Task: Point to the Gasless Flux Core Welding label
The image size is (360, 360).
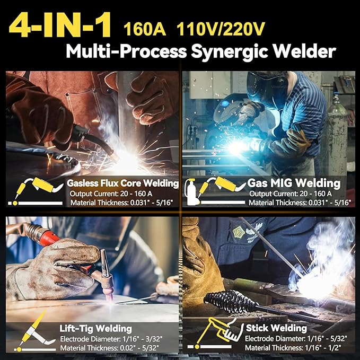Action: [x=122, y=183]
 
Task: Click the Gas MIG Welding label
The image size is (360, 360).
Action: [x=294, y=183]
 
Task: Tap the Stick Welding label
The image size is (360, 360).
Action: [x=276, y=328]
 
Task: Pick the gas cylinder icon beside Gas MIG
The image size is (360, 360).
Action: [x=189, y=192]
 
